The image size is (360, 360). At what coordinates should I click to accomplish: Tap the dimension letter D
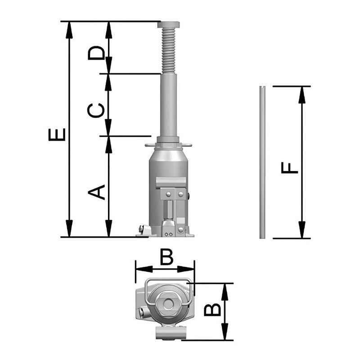click(96, 53)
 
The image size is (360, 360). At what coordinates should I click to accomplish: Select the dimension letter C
click(96, 110)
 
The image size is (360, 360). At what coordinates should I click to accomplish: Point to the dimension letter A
click(96, 192)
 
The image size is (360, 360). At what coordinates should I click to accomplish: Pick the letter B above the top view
click(166, 258)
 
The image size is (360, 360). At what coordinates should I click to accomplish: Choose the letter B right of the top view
click(212, 310)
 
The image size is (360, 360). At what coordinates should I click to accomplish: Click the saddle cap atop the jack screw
click(168, 25)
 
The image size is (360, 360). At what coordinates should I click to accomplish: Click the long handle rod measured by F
click(262, 162)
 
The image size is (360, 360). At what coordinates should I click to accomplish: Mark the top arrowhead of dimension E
click(68, 28)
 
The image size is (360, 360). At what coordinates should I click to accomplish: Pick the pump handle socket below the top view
click(171, 333)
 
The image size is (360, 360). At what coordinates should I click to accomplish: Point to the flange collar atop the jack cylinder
click(168, 145)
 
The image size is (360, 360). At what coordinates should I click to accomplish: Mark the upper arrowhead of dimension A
click(108, 143)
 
